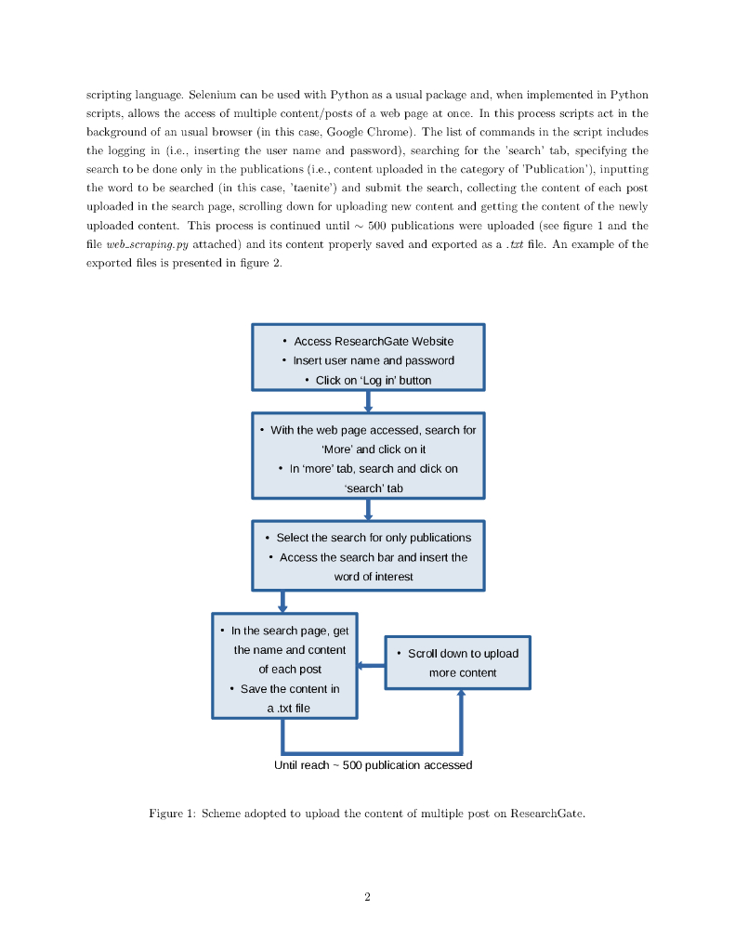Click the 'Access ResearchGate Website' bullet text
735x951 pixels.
[x=374, y=341]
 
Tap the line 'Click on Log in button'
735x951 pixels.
[x=373, y=380]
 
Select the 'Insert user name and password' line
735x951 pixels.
[x=374, y=360]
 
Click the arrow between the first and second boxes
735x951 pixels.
[x=368, y=401]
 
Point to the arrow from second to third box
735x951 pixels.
[x=368, y=509]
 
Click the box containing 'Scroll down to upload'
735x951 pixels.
[x=458, y=662]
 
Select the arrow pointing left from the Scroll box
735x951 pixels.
[x=371, y=665]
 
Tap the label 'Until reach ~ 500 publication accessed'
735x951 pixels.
[x=373, y=765]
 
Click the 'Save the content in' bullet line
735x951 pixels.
[x=289, y=689]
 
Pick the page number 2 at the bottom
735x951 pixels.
[x=368, y=897]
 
